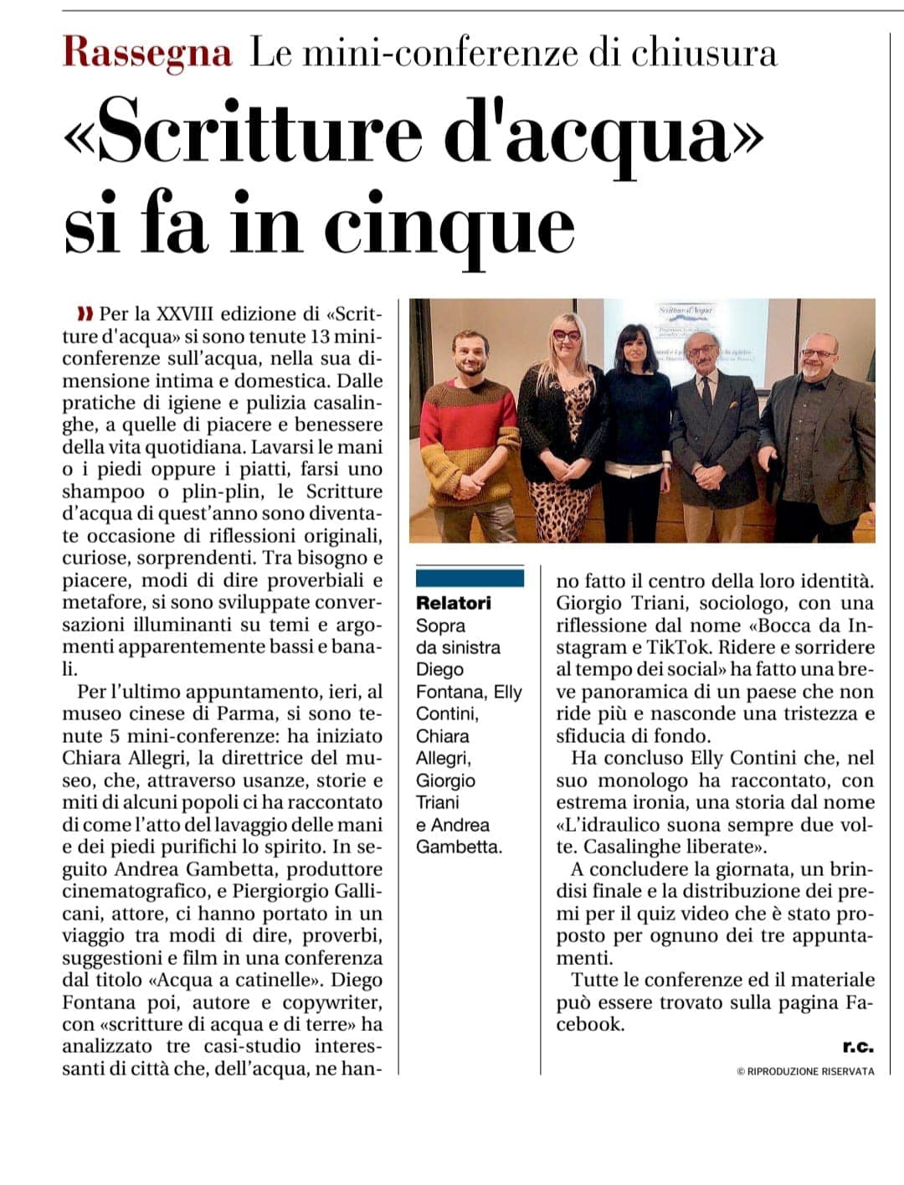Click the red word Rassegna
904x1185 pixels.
pos(147,52)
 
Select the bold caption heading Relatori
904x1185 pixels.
pos(454,603)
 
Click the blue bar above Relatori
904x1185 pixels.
pos(470,578)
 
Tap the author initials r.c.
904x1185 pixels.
pos(858,1046)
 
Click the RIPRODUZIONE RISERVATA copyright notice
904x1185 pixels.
pos(805,1070)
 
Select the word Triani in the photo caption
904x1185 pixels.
pos(438,802)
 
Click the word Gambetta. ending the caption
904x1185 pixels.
pos(460,847)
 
